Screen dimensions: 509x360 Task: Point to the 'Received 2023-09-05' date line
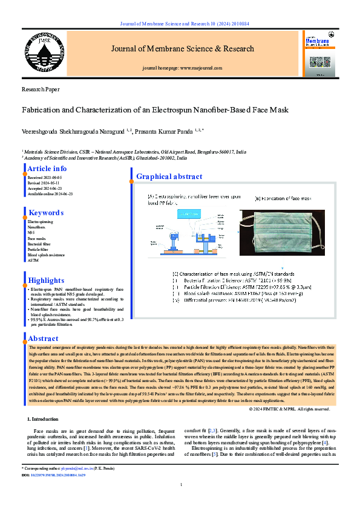(45, 178)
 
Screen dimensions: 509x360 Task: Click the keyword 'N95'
(32, 233)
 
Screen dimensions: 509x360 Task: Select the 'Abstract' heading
(44, 339)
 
